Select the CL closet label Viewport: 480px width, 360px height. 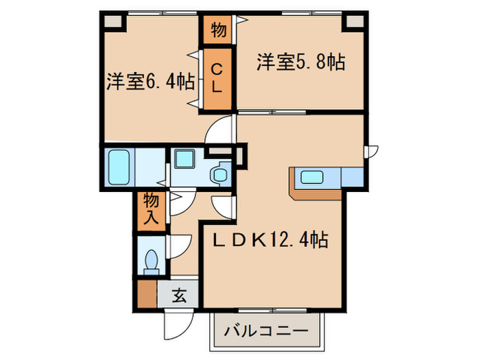pyautogui.click(x=216, y=78)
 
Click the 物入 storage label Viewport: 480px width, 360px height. pyautogui.click(x=151, y=210)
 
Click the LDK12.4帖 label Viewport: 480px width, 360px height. pyautogui.click(x=269, y=240)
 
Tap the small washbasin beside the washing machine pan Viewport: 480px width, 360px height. pyautogui.click(x=220, y=174)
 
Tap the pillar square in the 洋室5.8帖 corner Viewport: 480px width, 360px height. pyautogui.click(x=354, y=21)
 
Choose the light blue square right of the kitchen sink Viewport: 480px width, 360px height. pyautogui.click(x=352, y=177)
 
